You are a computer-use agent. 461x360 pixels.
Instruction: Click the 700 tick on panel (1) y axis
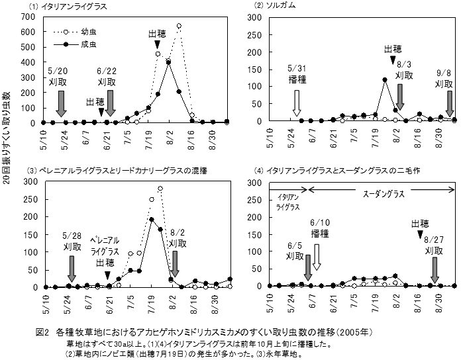[28, 14]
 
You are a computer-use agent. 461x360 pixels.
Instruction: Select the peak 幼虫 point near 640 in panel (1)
[179, 26]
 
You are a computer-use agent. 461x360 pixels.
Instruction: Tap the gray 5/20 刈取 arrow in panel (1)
[60, 103]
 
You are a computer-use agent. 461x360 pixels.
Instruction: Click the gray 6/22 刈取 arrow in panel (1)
[110, 103]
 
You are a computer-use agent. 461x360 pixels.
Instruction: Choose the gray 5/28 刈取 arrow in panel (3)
[71, 267]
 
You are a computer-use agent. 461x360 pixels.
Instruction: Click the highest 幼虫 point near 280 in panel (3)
[160, 188]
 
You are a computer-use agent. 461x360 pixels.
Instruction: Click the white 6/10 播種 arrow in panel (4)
[316, 256]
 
